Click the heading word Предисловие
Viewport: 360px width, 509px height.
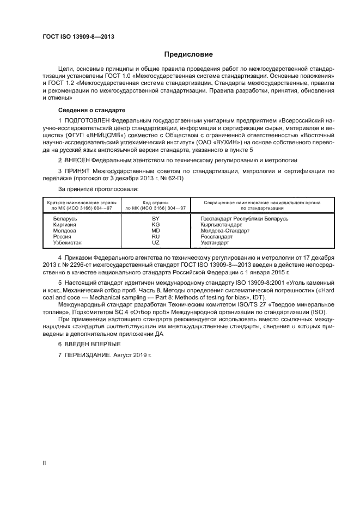[x=189, y=54]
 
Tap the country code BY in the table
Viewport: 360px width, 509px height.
[x=155, y=218]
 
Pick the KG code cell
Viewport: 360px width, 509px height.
[x=155, y=224]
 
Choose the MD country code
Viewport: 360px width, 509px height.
[x=155, y=230]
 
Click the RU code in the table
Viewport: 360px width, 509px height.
[x=155, y=236]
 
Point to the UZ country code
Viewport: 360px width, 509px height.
[x=155, y=242]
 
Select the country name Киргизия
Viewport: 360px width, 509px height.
[x=65, y=224]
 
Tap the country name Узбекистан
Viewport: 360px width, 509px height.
[x=68, y=242]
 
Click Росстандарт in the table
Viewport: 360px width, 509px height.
[x=217, y=236]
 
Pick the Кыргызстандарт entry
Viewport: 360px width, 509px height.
[x=222, y=224]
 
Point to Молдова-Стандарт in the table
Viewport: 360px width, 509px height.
[x=224, y=230]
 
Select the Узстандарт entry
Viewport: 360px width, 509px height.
[x=215, y=242]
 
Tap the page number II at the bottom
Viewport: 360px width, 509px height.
[x=45, y=462]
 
